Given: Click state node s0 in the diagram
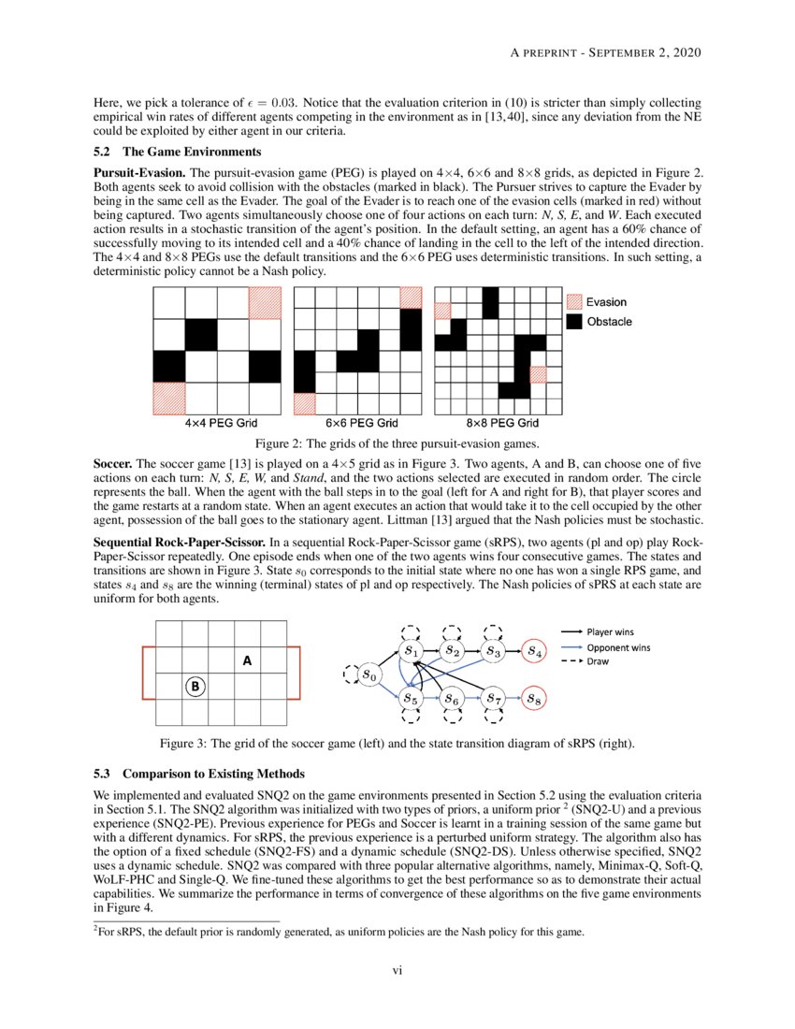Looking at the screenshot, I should pos(370,674).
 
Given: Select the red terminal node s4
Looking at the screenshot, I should pos(532,650).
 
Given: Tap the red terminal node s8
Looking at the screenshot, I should pos(532,698).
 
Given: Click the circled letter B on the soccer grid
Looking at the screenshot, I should pos(195,687).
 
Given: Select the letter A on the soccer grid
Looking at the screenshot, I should pos(248,660).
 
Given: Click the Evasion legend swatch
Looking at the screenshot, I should pos(574,302).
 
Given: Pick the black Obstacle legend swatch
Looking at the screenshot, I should pos(574,322).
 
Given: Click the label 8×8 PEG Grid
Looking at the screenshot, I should pos(502,423).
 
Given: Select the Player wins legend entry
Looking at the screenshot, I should pos(608,631).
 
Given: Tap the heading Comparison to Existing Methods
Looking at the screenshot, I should pos(216,775).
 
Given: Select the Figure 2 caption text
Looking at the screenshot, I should pos(397,443).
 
